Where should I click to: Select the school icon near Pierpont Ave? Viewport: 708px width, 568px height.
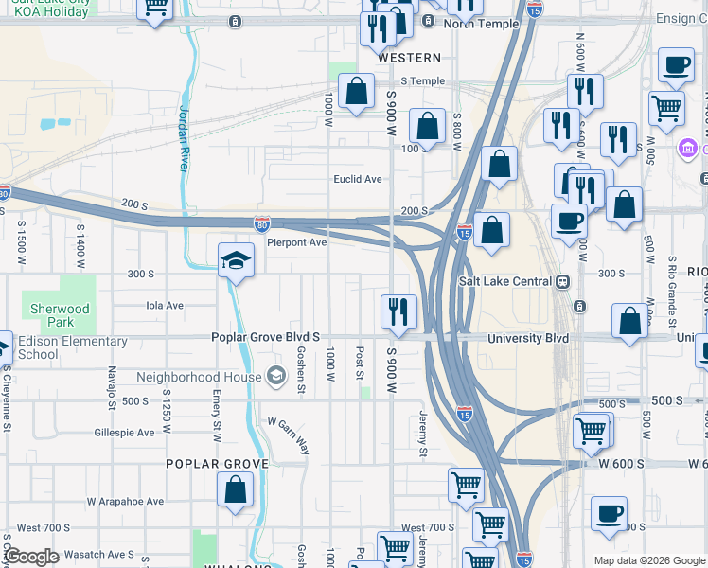236,260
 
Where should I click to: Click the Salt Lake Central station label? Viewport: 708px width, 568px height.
506,281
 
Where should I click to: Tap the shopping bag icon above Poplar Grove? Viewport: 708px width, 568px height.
236,489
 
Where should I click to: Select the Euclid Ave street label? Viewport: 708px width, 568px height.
357,179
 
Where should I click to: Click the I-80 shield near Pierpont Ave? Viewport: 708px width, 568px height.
262,223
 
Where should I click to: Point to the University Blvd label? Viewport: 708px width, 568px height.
527,338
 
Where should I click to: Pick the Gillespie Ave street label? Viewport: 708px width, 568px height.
124,433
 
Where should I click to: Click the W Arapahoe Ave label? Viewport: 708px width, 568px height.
125,502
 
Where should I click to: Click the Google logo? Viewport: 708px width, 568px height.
31,556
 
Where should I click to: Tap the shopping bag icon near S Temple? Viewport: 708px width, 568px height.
356,92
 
